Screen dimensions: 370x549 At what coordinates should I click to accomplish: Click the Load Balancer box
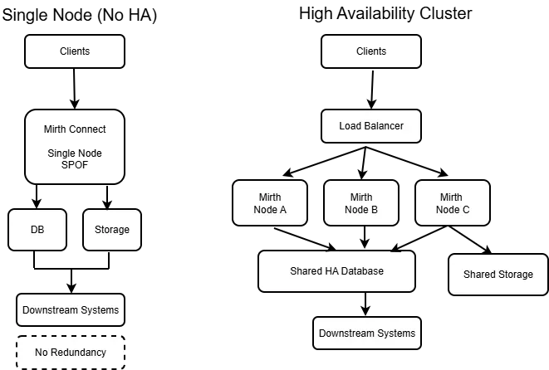[371, 126]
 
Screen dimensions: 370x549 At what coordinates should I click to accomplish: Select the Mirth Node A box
[270, 203]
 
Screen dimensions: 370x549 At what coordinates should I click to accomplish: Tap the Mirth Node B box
[361, 203]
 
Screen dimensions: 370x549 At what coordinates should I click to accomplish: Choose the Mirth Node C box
[453, 203]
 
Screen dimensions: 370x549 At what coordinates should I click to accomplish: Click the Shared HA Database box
[336, 271]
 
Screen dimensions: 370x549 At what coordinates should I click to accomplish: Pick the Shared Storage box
[498, 275]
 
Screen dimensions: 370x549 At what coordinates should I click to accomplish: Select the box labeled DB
[37, 230]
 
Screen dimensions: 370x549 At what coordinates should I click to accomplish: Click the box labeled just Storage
[112, 230]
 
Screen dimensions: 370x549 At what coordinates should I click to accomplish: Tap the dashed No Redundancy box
[71, 353]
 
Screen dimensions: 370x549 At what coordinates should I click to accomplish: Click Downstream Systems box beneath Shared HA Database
[366, 333]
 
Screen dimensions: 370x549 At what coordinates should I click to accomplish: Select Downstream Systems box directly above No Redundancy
[71, 310]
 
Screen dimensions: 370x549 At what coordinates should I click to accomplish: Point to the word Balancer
[384, 126]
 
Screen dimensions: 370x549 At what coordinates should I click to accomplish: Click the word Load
[350, 126]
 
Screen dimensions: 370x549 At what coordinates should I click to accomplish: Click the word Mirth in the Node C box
[451, 197]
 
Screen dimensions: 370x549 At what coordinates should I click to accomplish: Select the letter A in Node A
[283, 211]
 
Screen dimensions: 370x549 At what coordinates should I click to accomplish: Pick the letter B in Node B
[375, 211]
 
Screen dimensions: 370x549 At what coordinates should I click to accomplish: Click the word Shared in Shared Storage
[479, 275]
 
